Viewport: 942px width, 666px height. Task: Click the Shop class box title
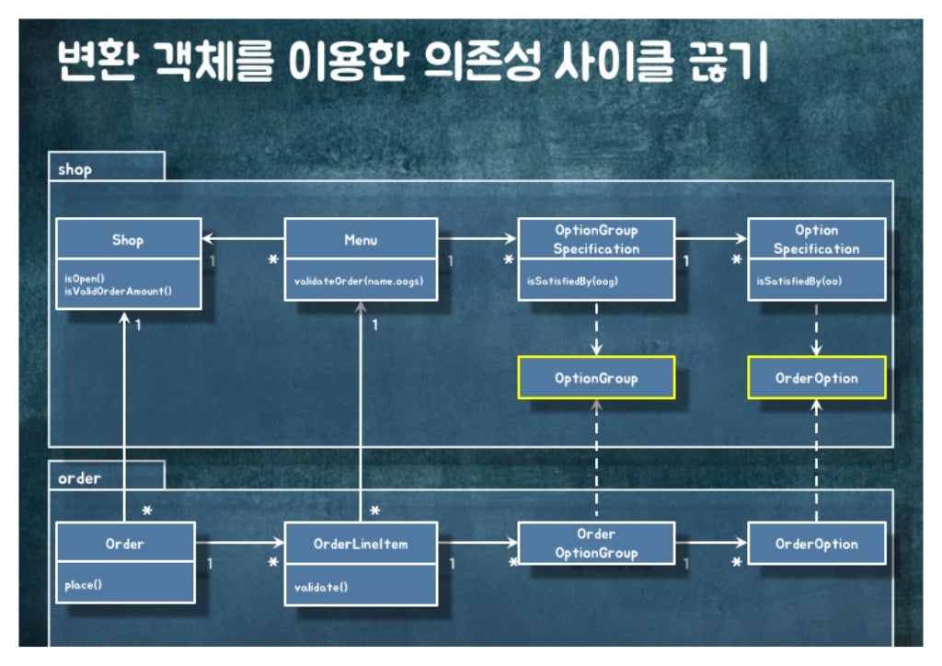pyautogui.click(x=128, y=240)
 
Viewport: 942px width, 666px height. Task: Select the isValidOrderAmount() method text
pyautogui.click(x=119, y=291)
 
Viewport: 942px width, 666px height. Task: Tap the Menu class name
pyautogui.click(x=360, y=240)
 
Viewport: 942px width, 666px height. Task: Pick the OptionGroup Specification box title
pyautogui.click(x=596, y=239)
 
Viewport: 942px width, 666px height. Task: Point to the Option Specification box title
pyautogui.click(x=816, y=239)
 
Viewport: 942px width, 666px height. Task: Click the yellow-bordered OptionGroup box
pyautogui.click(x=596, y=378)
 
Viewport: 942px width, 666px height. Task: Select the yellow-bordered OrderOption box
pyautogui.click(x=816, y=378)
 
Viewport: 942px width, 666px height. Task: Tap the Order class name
pyautogui.click(x=125, y=544)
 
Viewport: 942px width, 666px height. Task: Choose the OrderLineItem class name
pyautogui.click(x=360, y=544)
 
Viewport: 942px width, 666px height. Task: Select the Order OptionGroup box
pyautogui.click(x=596, y=543)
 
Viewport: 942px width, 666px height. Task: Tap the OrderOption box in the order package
pyautogui.click(x=816, y=544)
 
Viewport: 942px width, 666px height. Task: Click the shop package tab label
pyautogui.click(x=75, y=169)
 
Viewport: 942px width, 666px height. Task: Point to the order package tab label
pyautogui.click(x=79, y=477)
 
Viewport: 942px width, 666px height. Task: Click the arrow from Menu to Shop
pyautogui.click(x=243, y=240)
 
